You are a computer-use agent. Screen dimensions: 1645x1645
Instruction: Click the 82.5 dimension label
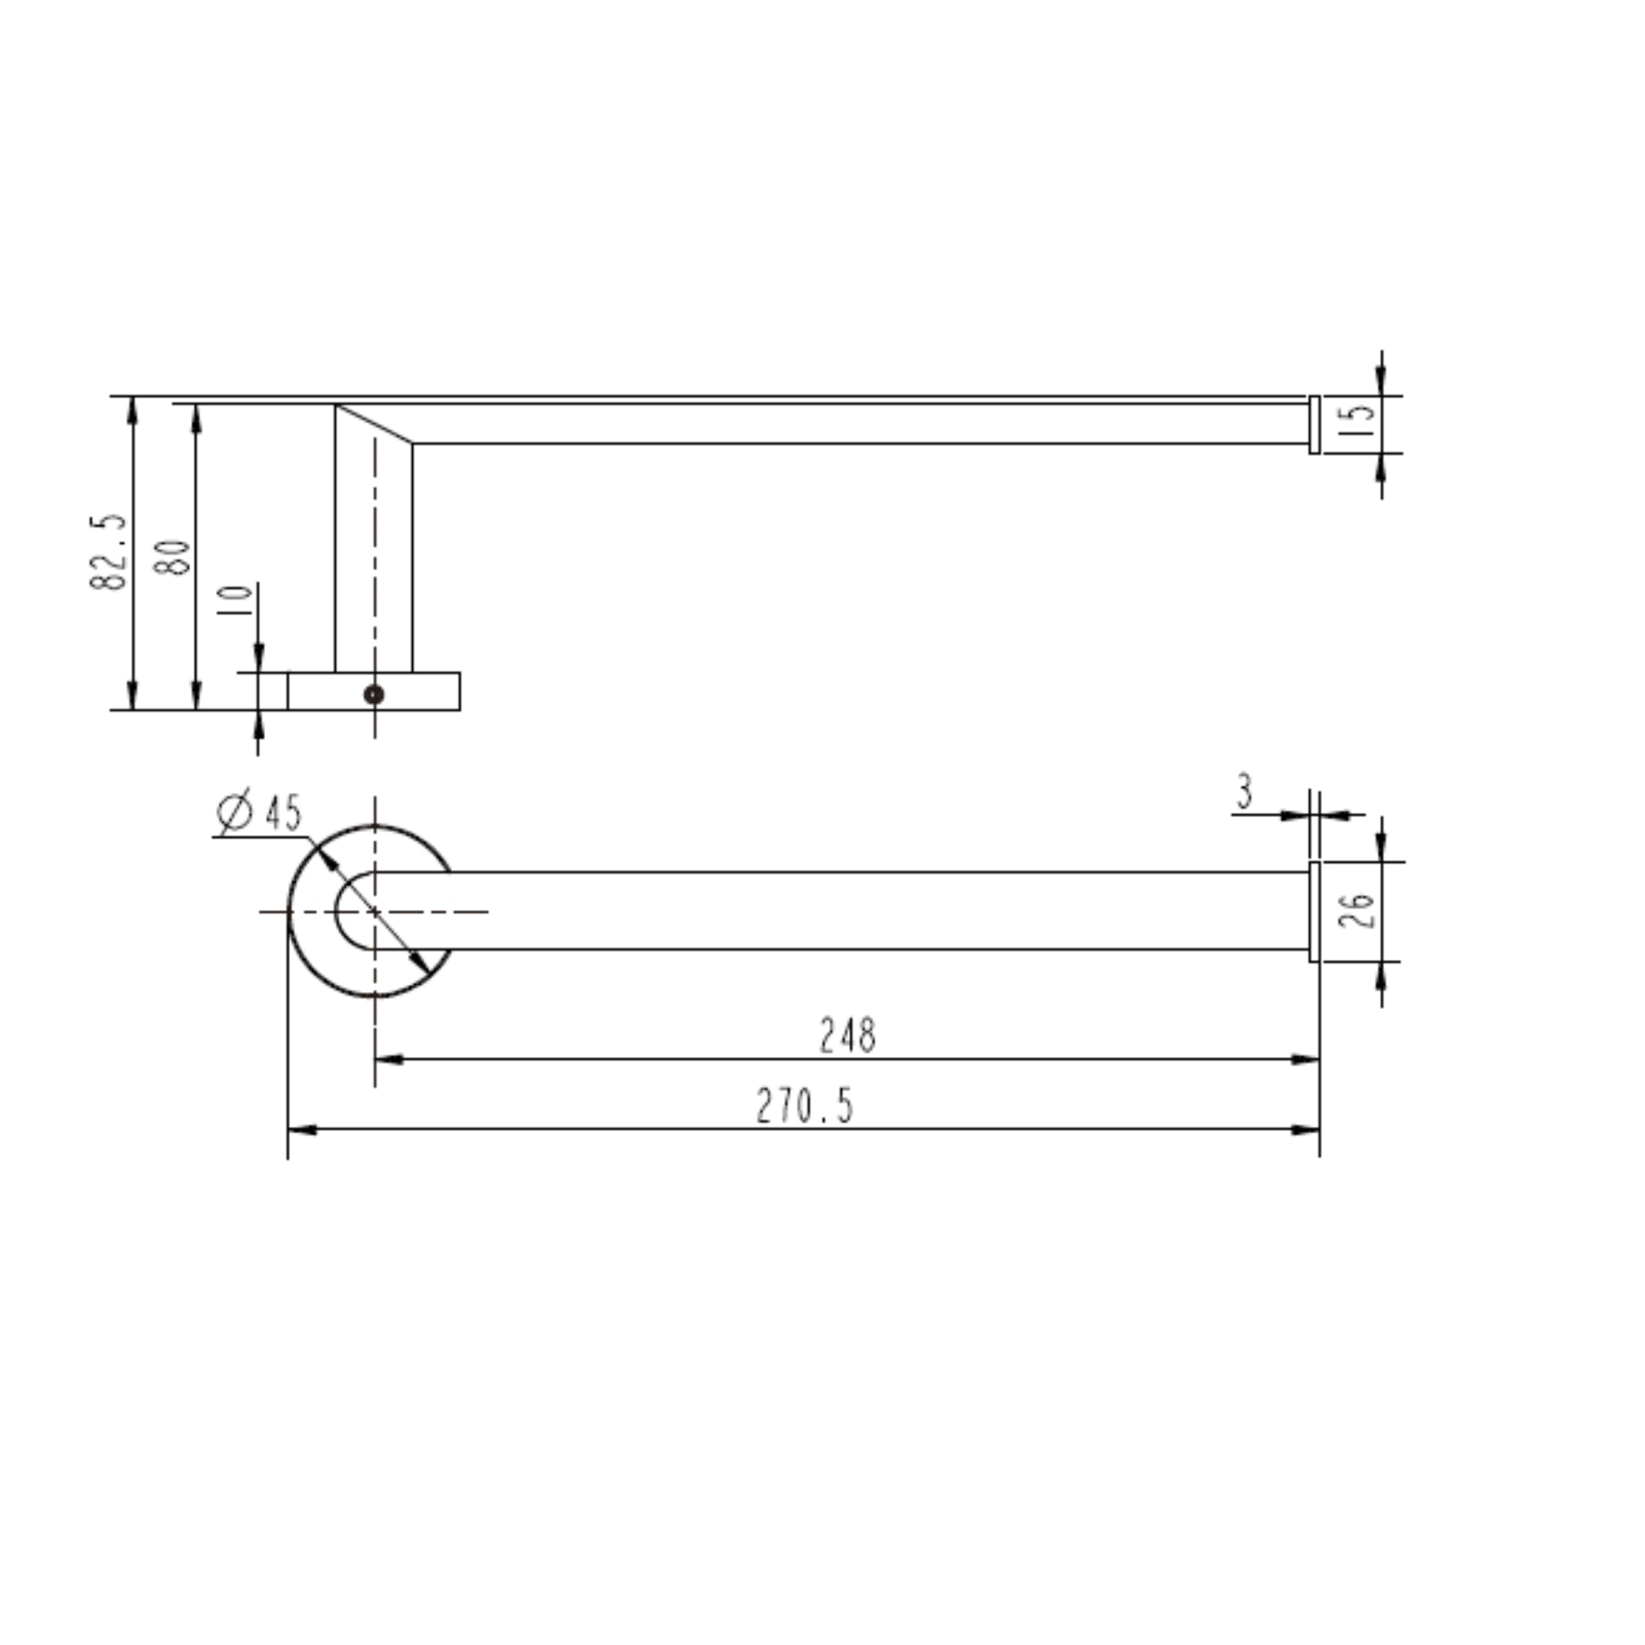108,552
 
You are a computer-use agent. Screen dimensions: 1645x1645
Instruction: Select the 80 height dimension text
173,557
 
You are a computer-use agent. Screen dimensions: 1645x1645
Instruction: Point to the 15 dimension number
1356,420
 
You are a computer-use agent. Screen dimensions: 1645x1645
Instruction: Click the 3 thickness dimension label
1245,793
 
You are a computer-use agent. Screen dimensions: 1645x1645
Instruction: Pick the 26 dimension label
1357,910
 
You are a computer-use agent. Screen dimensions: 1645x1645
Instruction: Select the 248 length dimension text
847,1036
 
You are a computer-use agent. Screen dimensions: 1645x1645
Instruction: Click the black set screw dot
373,694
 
